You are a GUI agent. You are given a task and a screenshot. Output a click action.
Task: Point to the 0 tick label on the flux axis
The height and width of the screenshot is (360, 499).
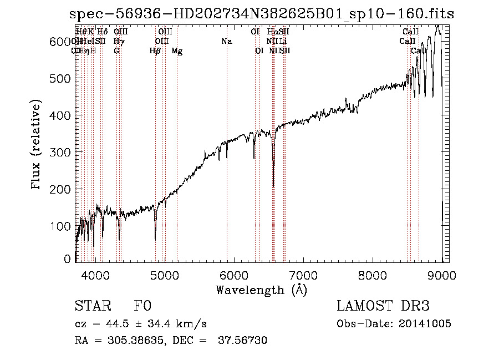68,258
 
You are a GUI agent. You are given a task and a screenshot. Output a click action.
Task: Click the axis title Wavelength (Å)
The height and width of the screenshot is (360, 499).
261,290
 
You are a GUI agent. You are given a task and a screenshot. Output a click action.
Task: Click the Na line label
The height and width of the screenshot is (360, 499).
226,42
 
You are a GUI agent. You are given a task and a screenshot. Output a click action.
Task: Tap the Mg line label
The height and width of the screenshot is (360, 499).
177,51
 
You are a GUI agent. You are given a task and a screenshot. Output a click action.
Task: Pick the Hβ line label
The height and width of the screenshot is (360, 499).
155,51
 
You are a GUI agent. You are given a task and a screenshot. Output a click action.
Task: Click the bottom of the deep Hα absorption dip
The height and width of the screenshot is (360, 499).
273,186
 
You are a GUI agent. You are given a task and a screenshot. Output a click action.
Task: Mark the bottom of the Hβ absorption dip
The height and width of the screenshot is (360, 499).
155,239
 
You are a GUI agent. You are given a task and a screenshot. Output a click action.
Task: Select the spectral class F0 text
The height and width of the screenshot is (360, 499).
142,307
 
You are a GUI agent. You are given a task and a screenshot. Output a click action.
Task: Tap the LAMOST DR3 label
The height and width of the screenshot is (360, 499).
383,307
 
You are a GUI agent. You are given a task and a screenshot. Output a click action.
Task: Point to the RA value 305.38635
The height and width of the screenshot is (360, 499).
132,341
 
